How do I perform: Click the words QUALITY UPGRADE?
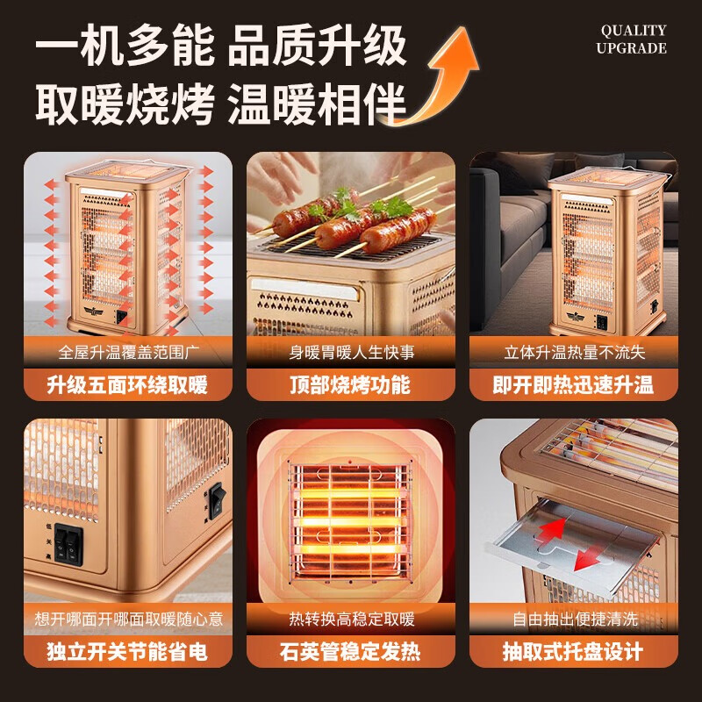[632, 39]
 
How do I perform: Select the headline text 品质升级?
[318, 47]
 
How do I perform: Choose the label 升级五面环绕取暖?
[127, 384]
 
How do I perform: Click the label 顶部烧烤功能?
[350, 384]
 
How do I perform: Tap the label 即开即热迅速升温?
[573, 384]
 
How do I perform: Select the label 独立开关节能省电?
[127, 652]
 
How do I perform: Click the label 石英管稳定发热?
[350, 652]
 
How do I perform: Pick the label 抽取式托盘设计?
[573, 652]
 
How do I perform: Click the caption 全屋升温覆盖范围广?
[127, 353]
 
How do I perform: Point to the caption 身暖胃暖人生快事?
[350, 353]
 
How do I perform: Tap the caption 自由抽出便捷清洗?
[573, 620]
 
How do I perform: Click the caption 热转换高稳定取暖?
[350, 620]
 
